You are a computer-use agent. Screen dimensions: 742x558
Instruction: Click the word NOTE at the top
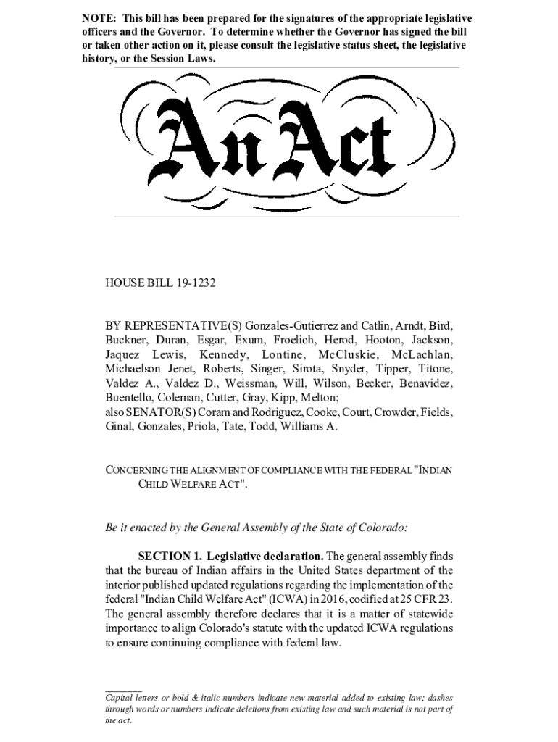97,17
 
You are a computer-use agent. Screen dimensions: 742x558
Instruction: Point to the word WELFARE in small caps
192,485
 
